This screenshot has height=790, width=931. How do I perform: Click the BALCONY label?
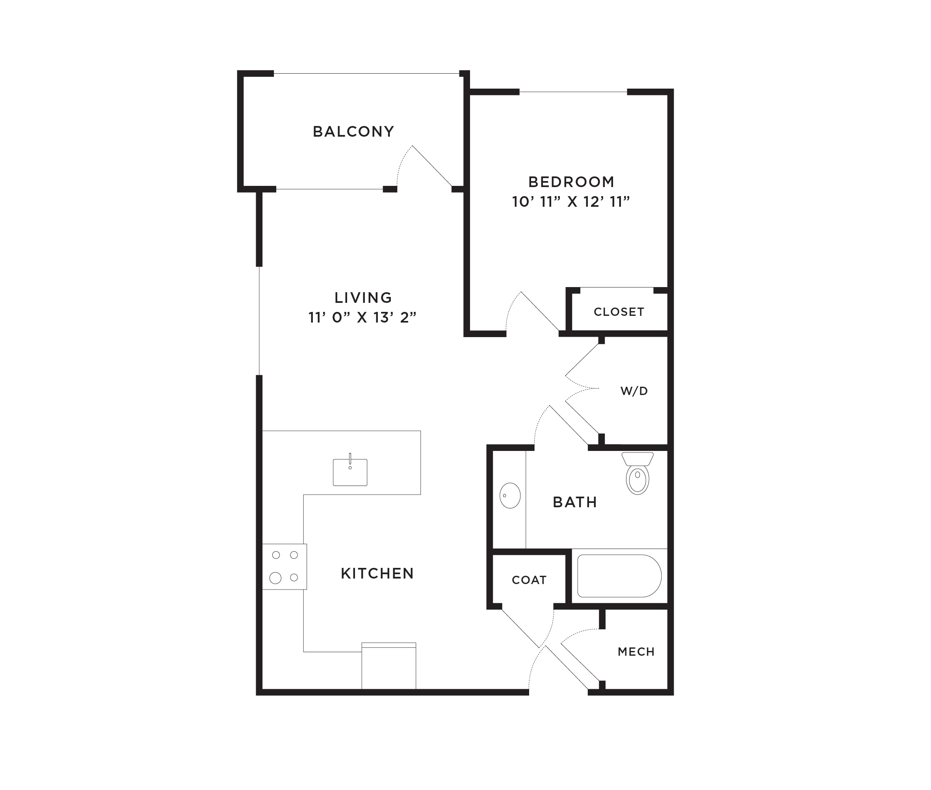click(x=353, y=132)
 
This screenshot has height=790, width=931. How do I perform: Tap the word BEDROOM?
click(x=571, y=182)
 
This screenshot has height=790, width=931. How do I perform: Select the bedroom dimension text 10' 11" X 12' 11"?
click(x=571, y=202)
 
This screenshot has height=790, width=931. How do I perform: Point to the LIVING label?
click(x=363, y=298)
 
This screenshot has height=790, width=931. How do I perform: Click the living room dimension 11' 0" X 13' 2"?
click(x=362, y=317)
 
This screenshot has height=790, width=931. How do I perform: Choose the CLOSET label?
click(x=619, y=312)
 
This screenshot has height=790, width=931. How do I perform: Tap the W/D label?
click(x=634, y=391)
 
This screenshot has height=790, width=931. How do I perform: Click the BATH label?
click(x=575, y=502)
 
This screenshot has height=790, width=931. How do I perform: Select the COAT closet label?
click(x=529, y=580)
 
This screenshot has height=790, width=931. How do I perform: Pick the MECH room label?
click(x=636, y=652)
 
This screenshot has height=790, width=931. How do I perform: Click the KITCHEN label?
click(x=377, y=573)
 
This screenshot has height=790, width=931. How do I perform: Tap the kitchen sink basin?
click(x=350, y=472)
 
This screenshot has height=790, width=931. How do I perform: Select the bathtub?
click(x=620, y=576)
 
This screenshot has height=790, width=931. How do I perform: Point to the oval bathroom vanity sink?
click(x=510, y=495)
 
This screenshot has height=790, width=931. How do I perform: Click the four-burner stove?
click(x=284, y=567)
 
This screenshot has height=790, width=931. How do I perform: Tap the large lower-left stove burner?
click(x=275, y=578)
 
